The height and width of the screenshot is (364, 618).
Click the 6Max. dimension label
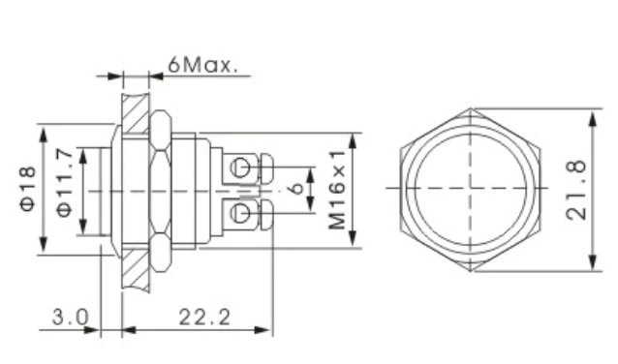click(x=202, y=66)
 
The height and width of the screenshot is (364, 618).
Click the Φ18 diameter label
click(x=27, y=189)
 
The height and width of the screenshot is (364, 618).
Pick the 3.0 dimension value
click(x=71, y=316)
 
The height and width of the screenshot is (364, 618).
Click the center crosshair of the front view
click(x=470, y=187)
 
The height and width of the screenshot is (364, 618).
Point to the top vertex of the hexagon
click(x=470, y=107)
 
